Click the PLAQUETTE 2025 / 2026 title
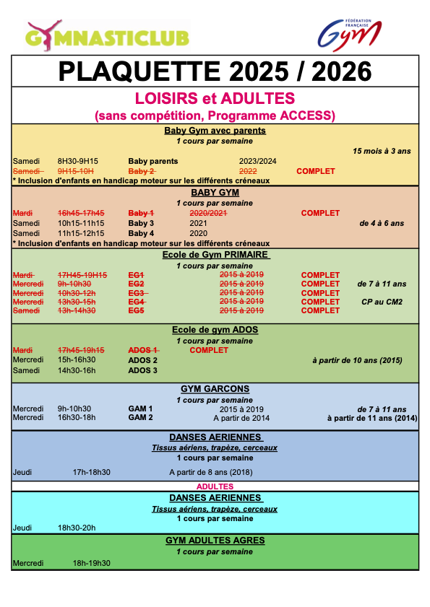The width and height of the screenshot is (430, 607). pos(215,71)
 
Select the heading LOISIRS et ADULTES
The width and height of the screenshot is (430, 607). pos(215,98)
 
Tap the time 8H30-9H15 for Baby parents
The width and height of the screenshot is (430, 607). pos(78,161)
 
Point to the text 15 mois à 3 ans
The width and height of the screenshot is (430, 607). pos(381,151)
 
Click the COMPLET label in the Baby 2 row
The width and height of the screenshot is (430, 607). pos(316,171)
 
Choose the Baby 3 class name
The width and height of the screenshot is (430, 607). pos(141,224)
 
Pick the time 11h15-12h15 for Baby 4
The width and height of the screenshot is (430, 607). pos(81,234)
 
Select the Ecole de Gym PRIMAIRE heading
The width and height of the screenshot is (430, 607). pos(215,255)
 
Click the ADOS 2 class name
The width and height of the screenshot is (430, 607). pos(142,360)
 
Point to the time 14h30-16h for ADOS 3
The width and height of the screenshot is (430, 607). pos(77,370)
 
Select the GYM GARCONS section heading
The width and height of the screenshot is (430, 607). pos(215,389)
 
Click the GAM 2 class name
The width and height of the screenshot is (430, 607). pos(140,417)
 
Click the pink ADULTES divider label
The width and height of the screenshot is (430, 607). pos(215,486)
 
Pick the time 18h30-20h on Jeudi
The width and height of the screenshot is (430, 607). pos(77,528)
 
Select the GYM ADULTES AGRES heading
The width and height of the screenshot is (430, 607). pos(215,540)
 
